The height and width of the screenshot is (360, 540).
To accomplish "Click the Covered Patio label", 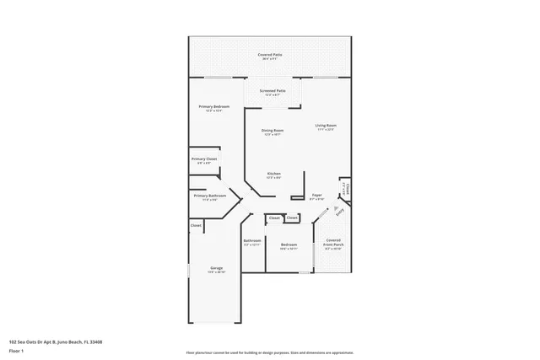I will tap(270, 54).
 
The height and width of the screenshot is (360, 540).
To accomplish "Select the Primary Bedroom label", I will tap(213, 106).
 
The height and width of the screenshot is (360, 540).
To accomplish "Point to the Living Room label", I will tap(326, 126).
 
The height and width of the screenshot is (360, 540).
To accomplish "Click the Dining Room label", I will tap(272, 131).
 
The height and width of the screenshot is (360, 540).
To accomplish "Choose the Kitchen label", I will tap(273, 173).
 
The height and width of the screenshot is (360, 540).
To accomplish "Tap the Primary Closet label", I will tap(204, 159).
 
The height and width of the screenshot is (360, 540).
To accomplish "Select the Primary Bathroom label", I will tap(209, 195).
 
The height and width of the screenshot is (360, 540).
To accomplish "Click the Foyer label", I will tap(317, 195).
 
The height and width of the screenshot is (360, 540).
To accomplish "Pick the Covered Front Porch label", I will tap(333, 242).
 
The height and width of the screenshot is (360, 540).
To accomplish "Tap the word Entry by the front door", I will tap(341, 213).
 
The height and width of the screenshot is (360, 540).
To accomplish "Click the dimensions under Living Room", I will tap(326, 130).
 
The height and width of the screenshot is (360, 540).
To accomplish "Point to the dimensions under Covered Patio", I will tap(270, 58).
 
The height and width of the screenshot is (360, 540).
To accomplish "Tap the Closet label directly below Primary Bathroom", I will tap(195, 225).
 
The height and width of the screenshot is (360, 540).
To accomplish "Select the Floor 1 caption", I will tap(16, 351).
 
